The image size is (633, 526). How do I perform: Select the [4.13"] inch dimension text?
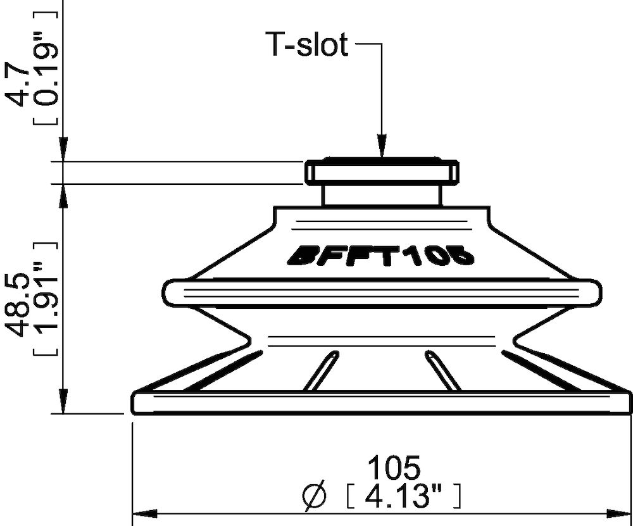pos(402,496)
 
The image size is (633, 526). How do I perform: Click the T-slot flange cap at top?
pos(382,172)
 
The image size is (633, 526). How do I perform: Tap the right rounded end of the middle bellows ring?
pos(593,292)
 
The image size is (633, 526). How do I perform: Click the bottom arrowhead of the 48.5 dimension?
pos(63,405)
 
